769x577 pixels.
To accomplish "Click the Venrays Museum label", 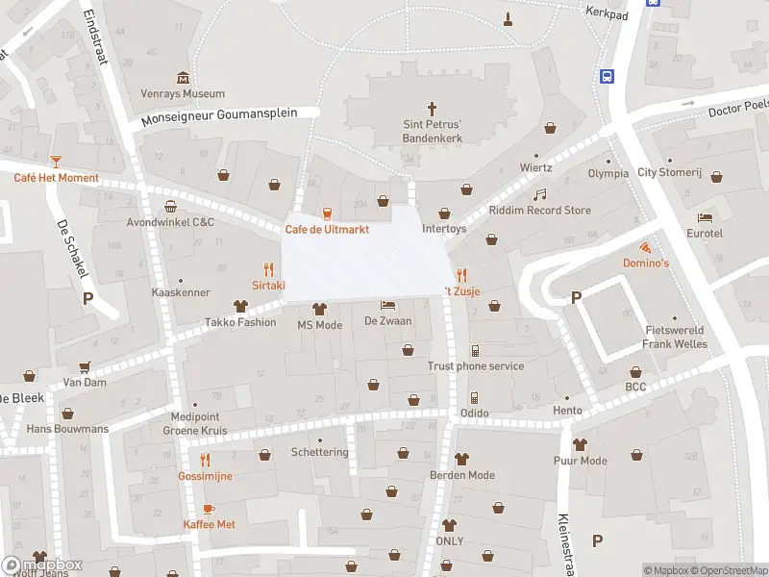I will (x=183, y=94).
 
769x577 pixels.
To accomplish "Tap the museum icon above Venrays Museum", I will (x=183, y=78).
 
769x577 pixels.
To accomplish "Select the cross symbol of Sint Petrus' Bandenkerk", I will (x=432, y=109).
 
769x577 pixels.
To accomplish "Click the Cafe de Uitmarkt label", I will (x=327, y=230).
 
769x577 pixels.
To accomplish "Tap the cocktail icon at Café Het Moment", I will (x=56, y=162).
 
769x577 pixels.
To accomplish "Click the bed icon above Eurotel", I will (x=706, y=217).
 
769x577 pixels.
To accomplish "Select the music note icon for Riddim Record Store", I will (x=539, y=194).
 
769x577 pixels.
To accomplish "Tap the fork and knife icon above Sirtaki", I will (x=268, y=270).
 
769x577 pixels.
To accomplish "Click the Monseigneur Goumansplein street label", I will (x=230, y=117).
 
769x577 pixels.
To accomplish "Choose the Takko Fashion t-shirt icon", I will (x=239, y=307).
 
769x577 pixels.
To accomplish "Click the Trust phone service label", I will (x=476, y=366).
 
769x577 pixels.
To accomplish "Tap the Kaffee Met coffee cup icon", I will (x=209, y=508).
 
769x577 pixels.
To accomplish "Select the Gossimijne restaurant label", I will (x=205, y=476).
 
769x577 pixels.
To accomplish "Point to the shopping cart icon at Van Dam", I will (x=85, y=366).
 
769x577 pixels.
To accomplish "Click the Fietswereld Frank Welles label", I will (x=675, y=338).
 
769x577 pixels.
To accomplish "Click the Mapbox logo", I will (x=43, y=565).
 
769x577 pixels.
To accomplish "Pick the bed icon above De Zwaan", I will (x=387, y=305).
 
